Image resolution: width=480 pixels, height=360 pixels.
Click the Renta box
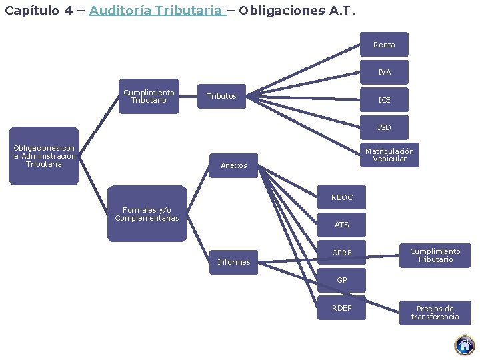click(x=384, y=45)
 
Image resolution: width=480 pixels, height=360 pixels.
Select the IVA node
click(x=384, y=72)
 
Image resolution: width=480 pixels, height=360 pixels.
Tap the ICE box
click(x=384, y=100)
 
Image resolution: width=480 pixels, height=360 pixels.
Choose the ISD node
click(x=384, y=127)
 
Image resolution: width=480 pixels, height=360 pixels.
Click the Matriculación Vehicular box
click(x=389, y=155)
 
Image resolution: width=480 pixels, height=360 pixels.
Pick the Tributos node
click(x=221, y=97)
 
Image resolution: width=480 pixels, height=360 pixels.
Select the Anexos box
click(x=233, y=165)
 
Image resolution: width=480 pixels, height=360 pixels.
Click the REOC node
click(x=341, y=197)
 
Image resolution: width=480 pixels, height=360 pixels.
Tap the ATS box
click(x=341, y=225)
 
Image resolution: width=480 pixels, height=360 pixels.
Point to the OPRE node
click(x=341, y=253)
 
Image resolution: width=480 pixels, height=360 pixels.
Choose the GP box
click(x=341, y=280)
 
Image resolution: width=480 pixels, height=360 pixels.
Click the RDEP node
click(x=341, y=308)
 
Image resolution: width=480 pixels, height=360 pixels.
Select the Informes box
click(x=233, y=262)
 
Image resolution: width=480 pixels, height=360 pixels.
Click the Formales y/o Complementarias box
click(x=147, y=214)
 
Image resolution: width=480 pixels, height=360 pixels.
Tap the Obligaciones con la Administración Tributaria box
click(x=44, y=156)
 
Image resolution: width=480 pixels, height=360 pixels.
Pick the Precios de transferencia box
click(x=435, y=313)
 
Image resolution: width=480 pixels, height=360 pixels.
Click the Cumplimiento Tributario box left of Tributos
click(x=149, y=97)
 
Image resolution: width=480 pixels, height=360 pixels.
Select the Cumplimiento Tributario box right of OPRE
click(x=435, y=255)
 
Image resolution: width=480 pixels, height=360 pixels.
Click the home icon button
click(x=464, y=345)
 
